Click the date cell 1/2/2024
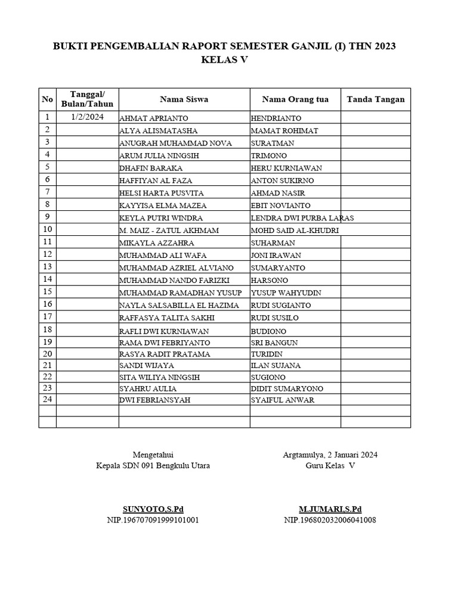coord(87,117)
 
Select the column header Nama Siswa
coord(184,99)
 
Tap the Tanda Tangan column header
coord(375,99)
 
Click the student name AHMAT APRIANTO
coord(153,119)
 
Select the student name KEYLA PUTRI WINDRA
coord(161,218)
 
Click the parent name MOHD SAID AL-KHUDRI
coord(295,231)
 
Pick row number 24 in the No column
coord(48,399)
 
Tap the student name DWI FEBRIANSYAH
coord(155,400)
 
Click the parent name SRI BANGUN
coord(274,343)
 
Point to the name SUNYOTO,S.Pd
coord(153,509)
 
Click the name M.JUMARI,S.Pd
coord(330,509)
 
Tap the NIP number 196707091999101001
coord(153,520)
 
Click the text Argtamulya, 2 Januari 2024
coord(330,455)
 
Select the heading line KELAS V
coord(224,60)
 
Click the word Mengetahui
coord(153,455)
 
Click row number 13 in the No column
coord(48,266)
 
